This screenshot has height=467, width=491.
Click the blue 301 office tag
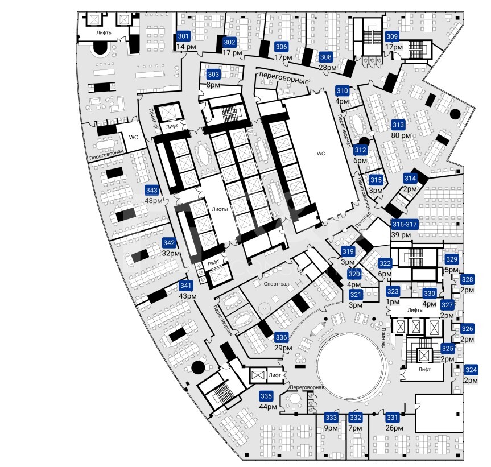point(183,36)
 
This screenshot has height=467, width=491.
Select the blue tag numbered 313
point(398,125)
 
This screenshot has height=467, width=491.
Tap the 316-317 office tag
point(405,224)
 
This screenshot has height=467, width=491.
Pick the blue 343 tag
point(152,190)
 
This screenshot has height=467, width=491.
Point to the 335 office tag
point(266,396)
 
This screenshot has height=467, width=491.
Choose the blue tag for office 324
point(471,370)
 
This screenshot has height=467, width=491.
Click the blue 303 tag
point(213,75)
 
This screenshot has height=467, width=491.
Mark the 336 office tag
point(281,337)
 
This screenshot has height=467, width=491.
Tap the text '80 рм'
point(401,135)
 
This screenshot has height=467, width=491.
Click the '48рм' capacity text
point(154,201)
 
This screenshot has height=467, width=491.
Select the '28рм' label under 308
point(328,67)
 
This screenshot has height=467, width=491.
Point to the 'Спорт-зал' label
point(277,284)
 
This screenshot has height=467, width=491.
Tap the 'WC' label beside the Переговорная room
point(133,138)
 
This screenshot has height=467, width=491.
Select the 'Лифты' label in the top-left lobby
point(104,32)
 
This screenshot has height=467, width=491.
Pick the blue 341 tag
point(185,286)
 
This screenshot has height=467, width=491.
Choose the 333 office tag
point(331,418)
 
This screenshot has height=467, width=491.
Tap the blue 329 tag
point(452,259)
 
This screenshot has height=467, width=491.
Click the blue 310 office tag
point(343,91)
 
